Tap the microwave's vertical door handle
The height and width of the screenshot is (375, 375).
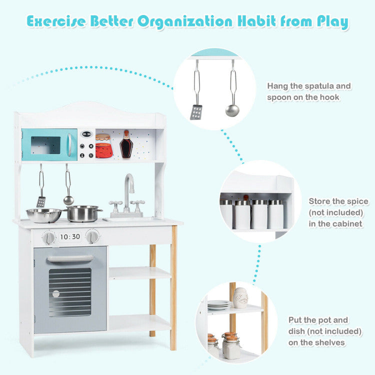click(69, 144)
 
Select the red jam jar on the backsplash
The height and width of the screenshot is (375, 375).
click(103, 146)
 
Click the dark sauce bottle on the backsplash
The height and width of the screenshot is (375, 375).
click(126, 145)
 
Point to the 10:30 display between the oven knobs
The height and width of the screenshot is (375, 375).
click(70, 236)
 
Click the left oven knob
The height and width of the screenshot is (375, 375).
click(48, 237)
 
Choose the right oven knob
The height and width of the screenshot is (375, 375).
click(92, 236)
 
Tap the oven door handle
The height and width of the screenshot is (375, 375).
click(70, 258)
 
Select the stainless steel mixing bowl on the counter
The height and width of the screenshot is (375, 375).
click(43, 215)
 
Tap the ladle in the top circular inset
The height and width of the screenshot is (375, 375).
click(232, 109)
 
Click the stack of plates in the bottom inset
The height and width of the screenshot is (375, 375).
click(218, 304)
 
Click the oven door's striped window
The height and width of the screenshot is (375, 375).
click(70, 291)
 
